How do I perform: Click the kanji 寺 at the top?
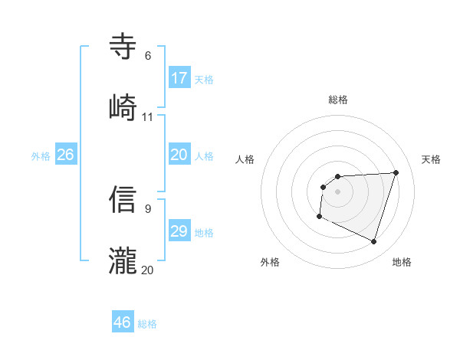tap(123, 47)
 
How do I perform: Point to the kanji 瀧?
tap(123, 260)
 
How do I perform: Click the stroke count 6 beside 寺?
tap(148, 56)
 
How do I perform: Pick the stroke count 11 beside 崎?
tap(148, 117)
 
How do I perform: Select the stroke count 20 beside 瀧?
tap(148, 270)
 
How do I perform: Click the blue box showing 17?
tap(179, 77)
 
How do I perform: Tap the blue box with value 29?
tap(179, 231)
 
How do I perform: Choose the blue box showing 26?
tap(66, 155)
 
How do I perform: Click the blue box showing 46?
tap(123, 322)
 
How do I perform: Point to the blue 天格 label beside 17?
tap(204, 79)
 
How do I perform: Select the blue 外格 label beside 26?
tap(41, 156)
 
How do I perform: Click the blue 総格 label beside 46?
tap(147, 324)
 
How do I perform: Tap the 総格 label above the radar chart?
tap(338, 100)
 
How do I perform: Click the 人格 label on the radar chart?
tap(245, 159)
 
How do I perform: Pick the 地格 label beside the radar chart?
tap(402, 263)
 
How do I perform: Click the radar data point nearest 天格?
tap(396, 172)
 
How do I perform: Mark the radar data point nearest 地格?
tap(374, 242)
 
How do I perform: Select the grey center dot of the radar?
tap(337, 191)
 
